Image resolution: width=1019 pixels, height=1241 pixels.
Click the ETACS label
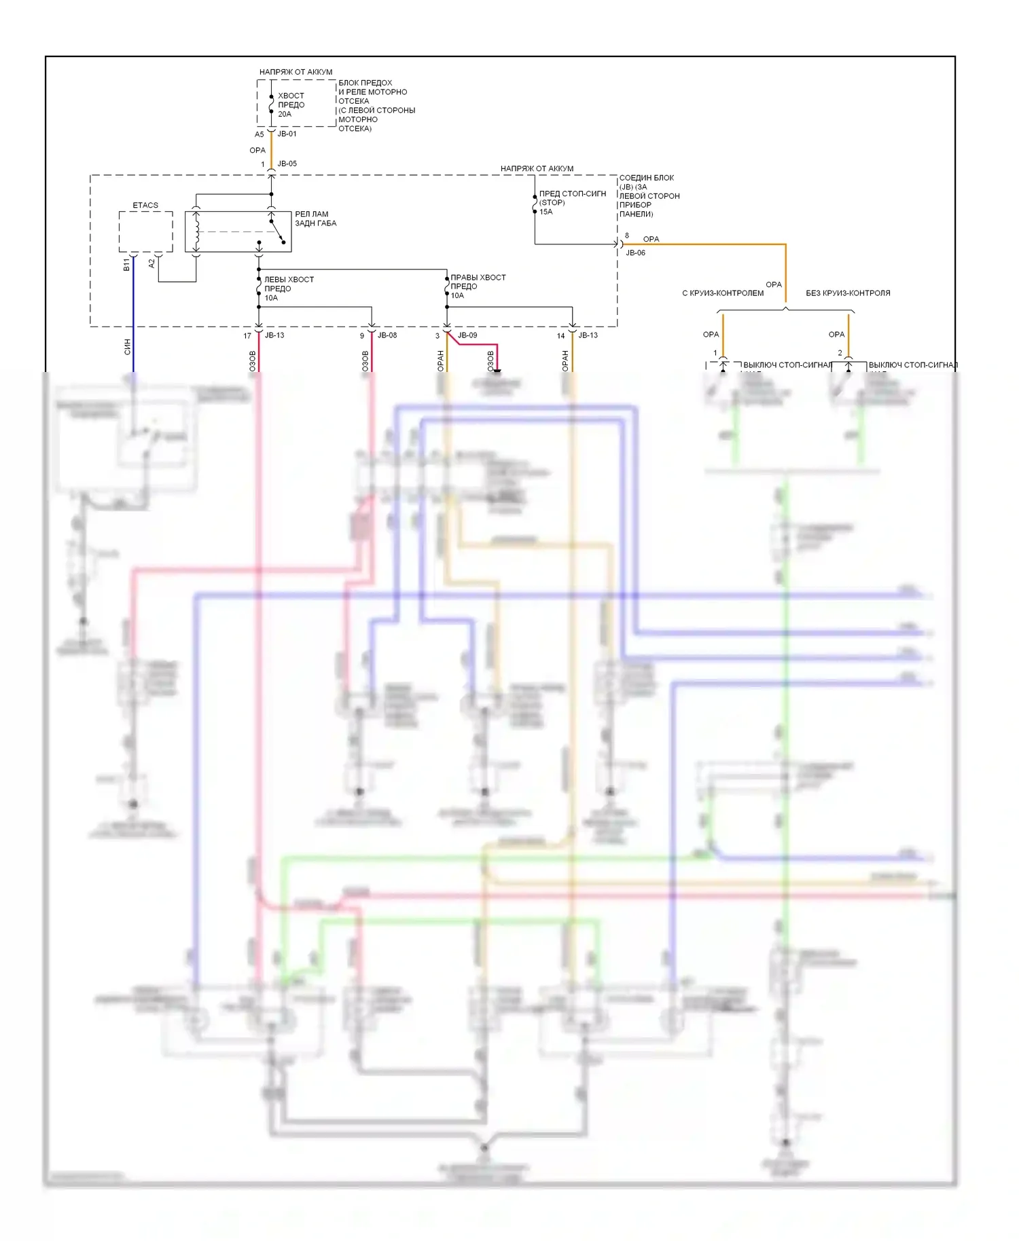coord(145,205)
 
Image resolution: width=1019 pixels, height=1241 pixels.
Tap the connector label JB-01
coord(287,134)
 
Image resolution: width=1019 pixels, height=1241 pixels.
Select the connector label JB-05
coord(287,164)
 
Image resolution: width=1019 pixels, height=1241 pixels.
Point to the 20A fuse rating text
coord(285,114)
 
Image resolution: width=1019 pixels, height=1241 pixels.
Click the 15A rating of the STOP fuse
coord(546,212)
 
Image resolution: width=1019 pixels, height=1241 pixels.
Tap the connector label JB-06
coord(635,253)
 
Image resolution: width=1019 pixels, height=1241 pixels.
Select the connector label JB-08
coord(387,335)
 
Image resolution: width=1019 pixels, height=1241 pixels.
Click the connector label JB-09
coord(467,335)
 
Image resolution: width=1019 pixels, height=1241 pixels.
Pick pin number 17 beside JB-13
coord(247,335)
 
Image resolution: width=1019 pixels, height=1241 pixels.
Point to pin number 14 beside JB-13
coord(560,335)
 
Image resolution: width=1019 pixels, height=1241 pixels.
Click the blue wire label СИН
coord(127,347)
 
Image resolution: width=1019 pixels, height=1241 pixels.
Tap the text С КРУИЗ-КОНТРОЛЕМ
coord(722,293)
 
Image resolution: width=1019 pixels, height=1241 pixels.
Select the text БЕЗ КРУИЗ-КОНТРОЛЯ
coord(848,293)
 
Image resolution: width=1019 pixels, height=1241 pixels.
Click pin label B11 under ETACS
coord(126,265)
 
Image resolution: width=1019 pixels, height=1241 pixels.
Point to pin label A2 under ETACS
coord(151,263)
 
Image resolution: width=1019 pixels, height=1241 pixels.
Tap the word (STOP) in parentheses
coord(552,202)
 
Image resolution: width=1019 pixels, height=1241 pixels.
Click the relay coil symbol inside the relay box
coord(196,231)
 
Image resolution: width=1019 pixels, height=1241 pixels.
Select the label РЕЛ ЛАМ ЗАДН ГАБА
coord(315,219)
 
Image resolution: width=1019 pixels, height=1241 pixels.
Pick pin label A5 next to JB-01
coord(259,134)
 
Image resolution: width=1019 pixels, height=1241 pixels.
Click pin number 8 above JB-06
coord(626,236)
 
